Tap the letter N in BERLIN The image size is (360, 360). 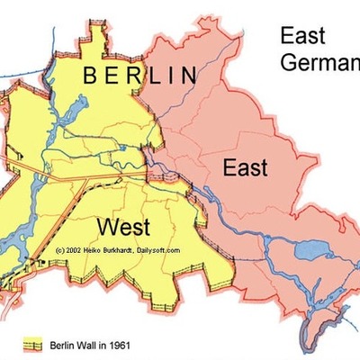(x=188, y=76)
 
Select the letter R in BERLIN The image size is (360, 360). (x=134, y=76)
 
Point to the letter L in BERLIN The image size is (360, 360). (x=154, y=76)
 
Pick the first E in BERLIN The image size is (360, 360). (x=112, y=76)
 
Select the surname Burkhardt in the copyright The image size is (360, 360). (x=127, y=249)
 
